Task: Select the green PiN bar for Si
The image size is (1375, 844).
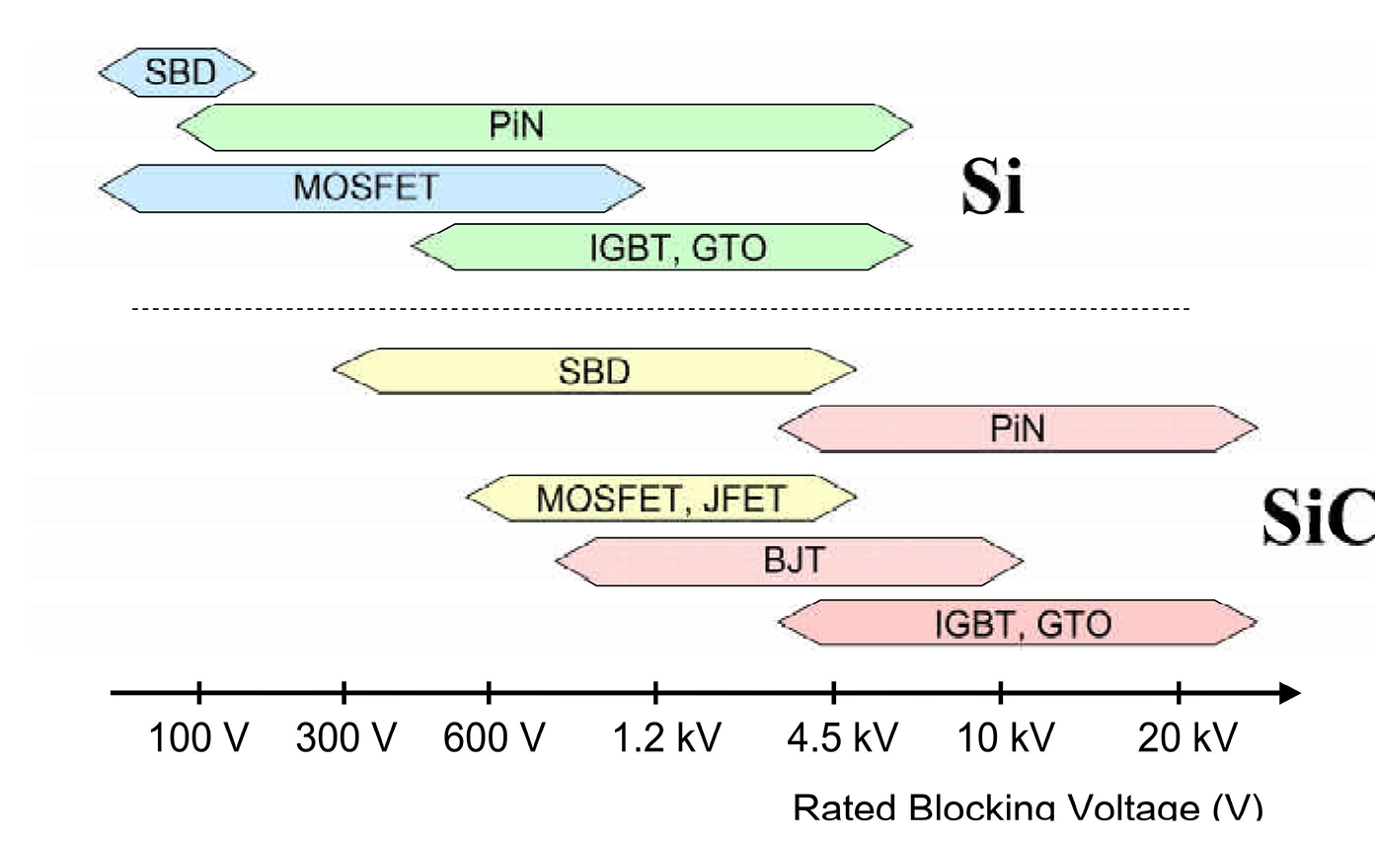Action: click(x=545, y=126)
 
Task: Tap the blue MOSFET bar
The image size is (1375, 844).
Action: click(x=371, y=188)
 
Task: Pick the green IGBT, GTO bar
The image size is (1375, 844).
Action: click(x=661, y=247)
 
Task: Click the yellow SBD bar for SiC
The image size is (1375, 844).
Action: click(x=594, y=371)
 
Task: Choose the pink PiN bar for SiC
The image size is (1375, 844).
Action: click(x=1018, y=428)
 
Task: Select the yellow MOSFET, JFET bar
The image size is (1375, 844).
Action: click(x=660, y=498)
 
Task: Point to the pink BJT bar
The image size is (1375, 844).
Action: click(x=790, y=562)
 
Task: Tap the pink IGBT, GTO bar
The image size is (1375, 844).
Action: click(x=1018, y=624)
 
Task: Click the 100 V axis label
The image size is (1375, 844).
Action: click(x=199, y=737)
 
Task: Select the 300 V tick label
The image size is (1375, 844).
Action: click(x=345, y=737)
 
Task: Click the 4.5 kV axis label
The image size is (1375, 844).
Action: click(x=842, y=737)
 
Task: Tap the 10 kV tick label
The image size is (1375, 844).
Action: click(x=1007, y=737)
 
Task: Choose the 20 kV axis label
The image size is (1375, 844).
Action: click(x=1186, y=737)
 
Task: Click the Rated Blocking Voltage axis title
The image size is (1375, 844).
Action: click(x=1027, y=807)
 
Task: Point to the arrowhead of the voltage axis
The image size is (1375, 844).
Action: click(x=1289, y=693)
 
